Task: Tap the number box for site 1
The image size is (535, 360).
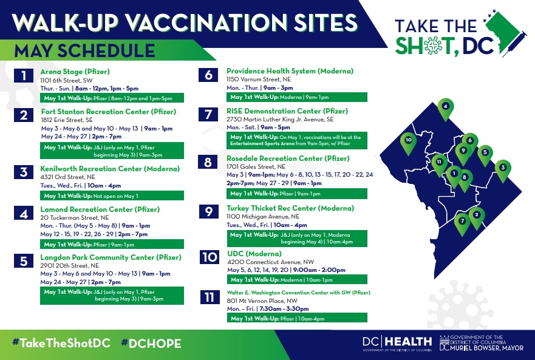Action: (24, 75)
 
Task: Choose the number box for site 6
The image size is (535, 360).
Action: (208, 75)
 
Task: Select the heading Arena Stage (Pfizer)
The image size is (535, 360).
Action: (75, 72)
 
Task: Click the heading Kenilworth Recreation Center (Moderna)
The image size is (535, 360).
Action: (110, 169)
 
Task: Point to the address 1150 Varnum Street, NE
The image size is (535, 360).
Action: (259, 79)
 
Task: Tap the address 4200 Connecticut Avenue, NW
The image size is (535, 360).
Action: (271, 262)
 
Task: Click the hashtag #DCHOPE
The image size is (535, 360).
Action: (151, 343)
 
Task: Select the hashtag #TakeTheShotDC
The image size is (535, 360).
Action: (61, 343)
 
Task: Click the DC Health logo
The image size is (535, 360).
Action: (397, 343)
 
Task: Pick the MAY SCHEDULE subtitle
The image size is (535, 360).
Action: (84, 51)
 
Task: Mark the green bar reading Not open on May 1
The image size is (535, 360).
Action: (112, 195)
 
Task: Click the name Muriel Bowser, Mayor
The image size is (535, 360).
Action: (486, 348)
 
